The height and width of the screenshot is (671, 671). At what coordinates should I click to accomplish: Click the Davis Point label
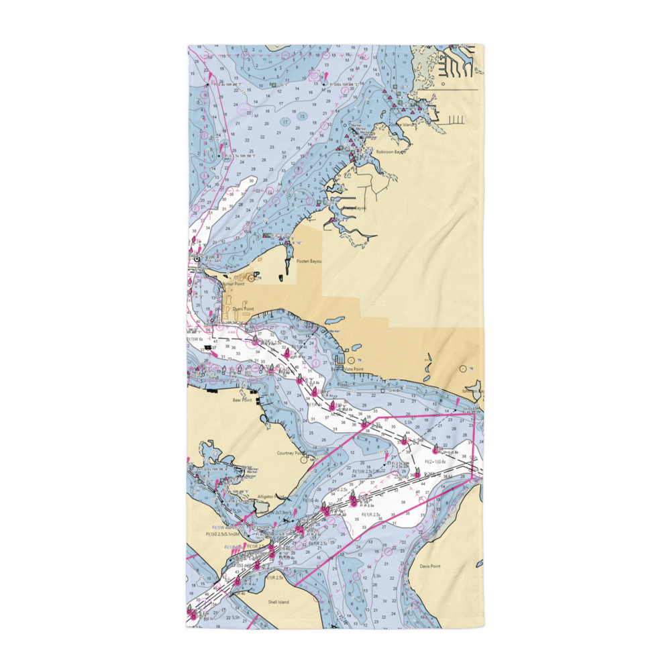click(x=430, y=566)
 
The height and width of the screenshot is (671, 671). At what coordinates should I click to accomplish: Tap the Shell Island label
click(x=278, y=603)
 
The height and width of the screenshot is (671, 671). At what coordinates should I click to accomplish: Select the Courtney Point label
click(x=290, y=454)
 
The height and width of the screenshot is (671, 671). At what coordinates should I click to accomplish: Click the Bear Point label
click(x=241, y=400)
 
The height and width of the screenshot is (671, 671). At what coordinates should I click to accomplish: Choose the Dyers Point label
click(x=243, y=309)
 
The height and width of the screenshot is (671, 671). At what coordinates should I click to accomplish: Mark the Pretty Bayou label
click(x=354, y=209)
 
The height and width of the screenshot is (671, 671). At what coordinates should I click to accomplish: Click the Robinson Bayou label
click(x=391, y=152)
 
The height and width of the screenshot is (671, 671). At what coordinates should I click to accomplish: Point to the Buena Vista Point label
click(x=349, y=369)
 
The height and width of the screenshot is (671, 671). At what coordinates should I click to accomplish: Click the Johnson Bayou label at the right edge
click(x=472, y=391)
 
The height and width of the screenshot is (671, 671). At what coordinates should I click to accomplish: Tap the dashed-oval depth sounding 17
click(x=285, y=122)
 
